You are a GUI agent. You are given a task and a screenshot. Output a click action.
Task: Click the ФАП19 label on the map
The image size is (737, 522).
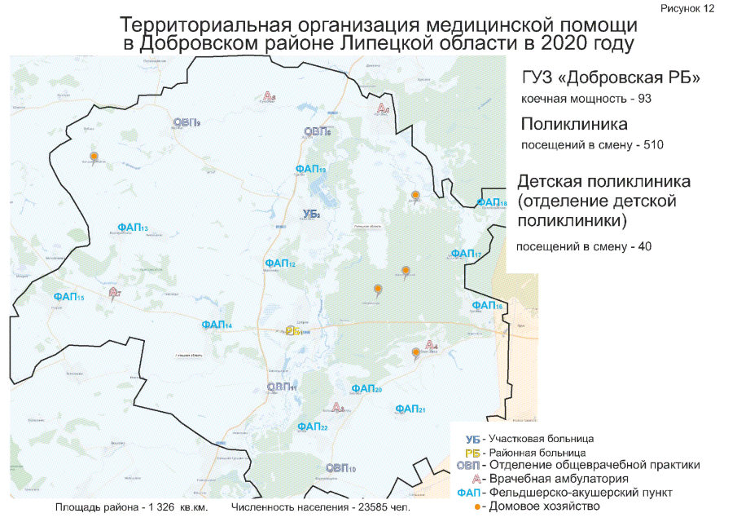click(311, 169)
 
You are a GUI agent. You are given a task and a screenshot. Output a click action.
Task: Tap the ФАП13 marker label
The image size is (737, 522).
click(132, 228)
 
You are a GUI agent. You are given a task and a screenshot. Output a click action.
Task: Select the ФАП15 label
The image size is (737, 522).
click(68, 298)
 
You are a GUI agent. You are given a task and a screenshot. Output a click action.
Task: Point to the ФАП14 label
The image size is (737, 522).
click(217, 325)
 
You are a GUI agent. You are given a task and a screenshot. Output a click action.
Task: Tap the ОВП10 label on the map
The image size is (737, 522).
click(340, 468)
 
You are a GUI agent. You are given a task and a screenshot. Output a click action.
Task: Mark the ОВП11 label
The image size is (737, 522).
click(282, 387)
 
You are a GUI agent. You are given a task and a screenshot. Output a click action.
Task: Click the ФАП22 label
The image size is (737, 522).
click(313, 427)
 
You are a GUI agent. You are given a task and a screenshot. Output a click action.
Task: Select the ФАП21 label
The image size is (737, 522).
click(410, 408)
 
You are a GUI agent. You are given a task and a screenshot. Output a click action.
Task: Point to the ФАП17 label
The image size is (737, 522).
click(467, 254)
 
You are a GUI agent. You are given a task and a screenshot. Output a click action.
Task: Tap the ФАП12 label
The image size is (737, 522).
click(279, 263)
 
